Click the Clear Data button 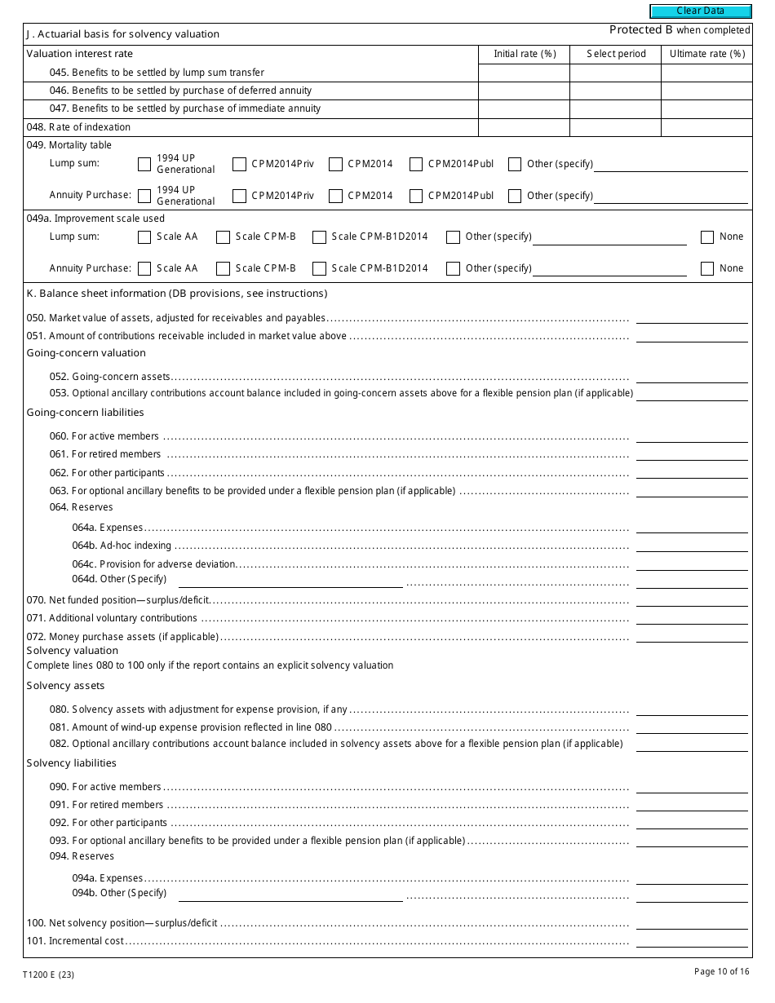tap(700, 11)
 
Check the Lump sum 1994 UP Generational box tap(144, 164)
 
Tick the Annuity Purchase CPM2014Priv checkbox tap(239, 196)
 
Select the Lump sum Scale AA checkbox tap(144, 237)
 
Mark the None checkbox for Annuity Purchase tap(707, 268)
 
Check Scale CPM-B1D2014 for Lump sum tap(320, 237)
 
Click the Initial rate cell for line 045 tap(523, 73)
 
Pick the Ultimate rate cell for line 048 tap(706, 127)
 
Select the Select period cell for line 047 tap(614, 108)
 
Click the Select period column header tap(616, 54)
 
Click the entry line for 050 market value tap(691, 317)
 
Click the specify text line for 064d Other tap(290, 580)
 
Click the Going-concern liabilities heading tap(85, 413)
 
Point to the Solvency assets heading tap(65, 686)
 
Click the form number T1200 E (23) tap(48, 974)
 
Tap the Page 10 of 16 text tap(721, 971)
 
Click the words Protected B tap(640, 30)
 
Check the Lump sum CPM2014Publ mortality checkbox tap(416, 164)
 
